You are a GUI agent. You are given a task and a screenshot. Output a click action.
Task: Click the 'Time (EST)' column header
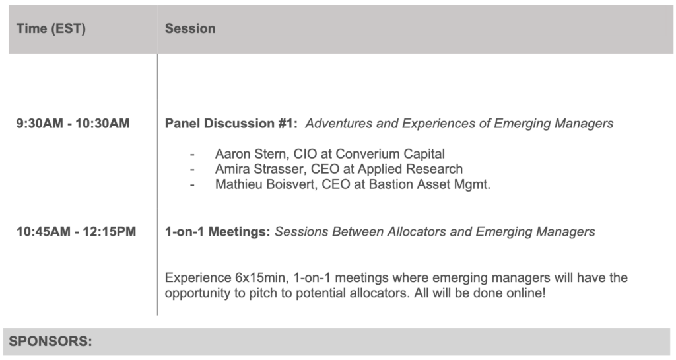coord(51,29)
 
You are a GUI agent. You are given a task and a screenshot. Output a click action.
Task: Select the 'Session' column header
coord(190,28)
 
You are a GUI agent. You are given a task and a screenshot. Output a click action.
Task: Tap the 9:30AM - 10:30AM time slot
coord(73,124)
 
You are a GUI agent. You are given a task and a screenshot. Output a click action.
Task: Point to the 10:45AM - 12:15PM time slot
coord(77,231)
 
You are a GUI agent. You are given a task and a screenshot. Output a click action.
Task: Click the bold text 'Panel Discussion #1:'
coord(231,124)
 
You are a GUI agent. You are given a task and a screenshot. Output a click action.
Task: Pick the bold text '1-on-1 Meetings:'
coord(217,231)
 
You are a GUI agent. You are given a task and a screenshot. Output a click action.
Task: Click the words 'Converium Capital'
coord(390,154)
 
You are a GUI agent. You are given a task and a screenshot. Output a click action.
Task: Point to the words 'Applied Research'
coord(410,169)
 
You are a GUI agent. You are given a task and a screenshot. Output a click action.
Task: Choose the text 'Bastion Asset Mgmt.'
coord(429,184)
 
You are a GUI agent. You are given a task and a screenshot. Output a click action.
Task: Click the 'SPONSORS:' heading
coord(50,342)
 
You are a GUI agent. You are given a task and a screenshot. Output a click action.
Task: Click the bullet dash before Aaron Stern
coord(192,155)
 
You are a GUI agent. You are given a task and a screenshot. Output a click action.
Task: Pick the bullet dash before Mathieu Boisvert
coord(192,185)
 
